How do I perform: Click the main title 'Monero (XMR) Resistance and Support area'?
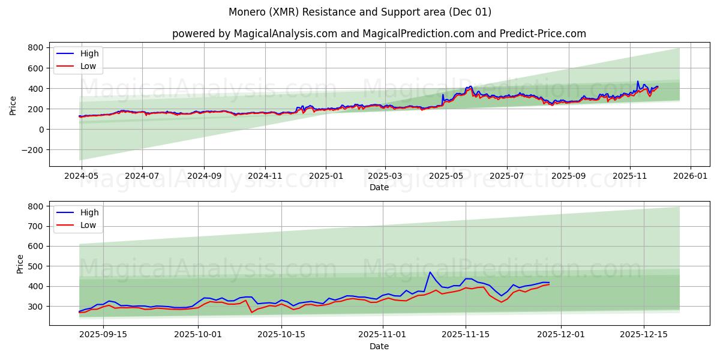[x=360, y=12]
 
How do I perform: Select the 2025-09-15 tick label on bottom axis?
[x=103, y=334]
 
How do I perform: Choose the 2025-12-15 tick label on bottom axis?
[x=643, y=334]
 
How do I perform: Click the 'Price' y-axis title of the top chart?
[x=13, y=104]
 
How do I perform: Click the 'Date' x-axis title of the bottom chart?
[x=379, y=346]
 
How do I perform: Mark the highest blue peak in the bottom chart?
[x=430, y=272]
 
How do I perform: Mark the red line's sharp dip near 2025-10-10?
[x=251, y=313]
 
